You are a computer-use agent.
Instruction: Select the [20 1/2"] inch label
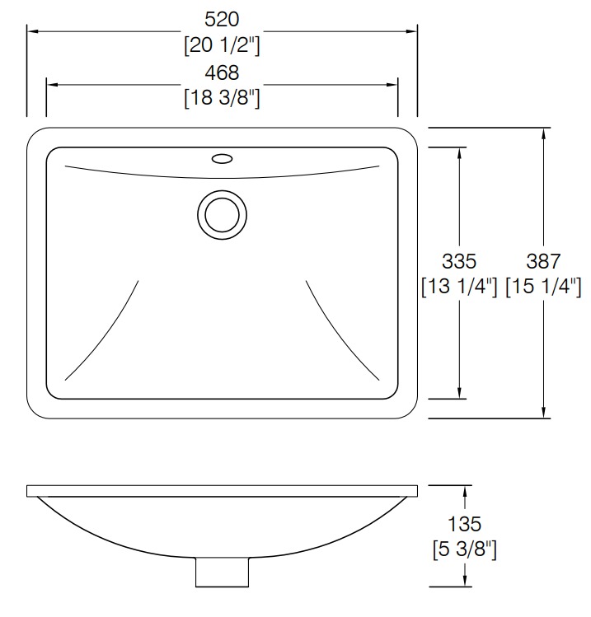(x=222, y=46)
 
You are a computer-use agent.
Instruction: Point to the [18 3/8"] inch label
(x=222, y=98)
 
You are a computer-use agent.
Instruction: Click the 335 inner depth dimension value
(x=459, y=261)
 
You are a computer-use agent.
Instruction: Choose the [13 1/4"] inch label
(x=459, y=287)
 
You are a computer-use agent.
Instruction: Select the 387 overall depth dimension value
(x=544, y=261)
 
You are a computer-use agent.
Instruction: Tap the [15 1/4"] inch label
(x=544, y=287)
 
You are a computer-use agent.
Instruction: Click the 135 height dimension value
(x=464, y=523)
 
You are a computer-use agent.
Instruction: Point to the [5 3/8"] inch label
(x=464, y=548)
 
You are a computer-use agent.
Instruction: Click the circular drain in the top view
(x=222, y=213)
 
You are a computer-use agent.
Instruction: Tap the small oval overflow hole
(x=222, y=157)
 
